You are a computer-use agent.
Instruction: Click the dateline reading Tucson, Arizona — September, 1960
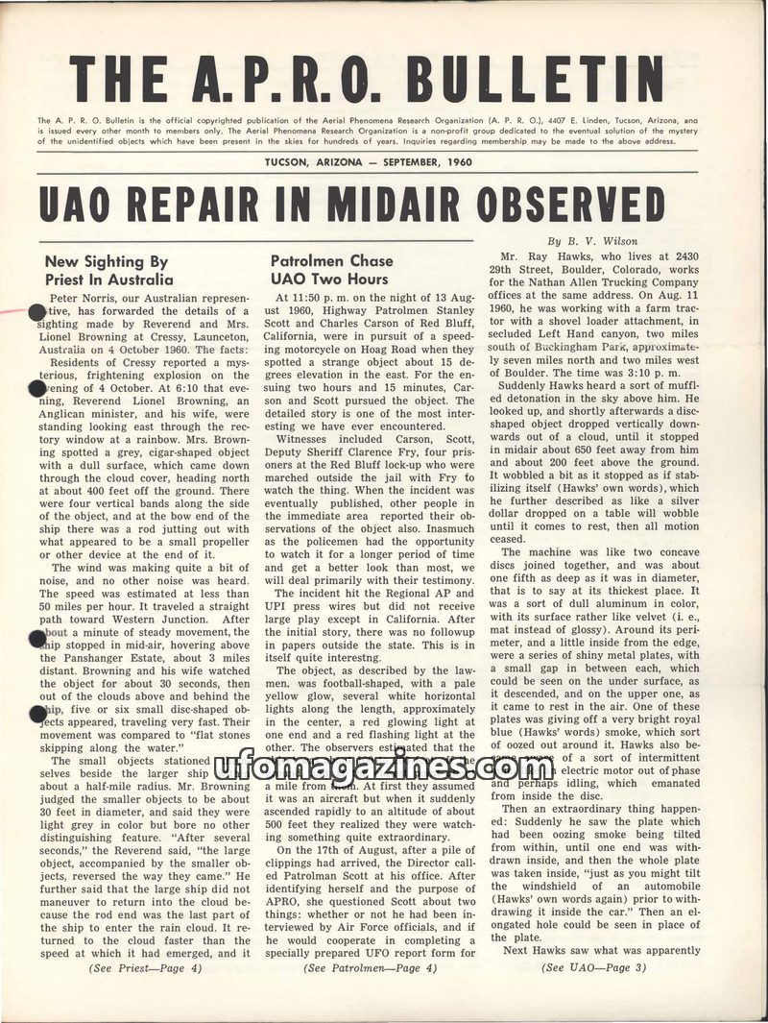(x=369, y=161)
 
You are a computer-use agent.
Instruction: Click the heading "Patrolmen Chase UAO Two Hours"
(x=331, y=270)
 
